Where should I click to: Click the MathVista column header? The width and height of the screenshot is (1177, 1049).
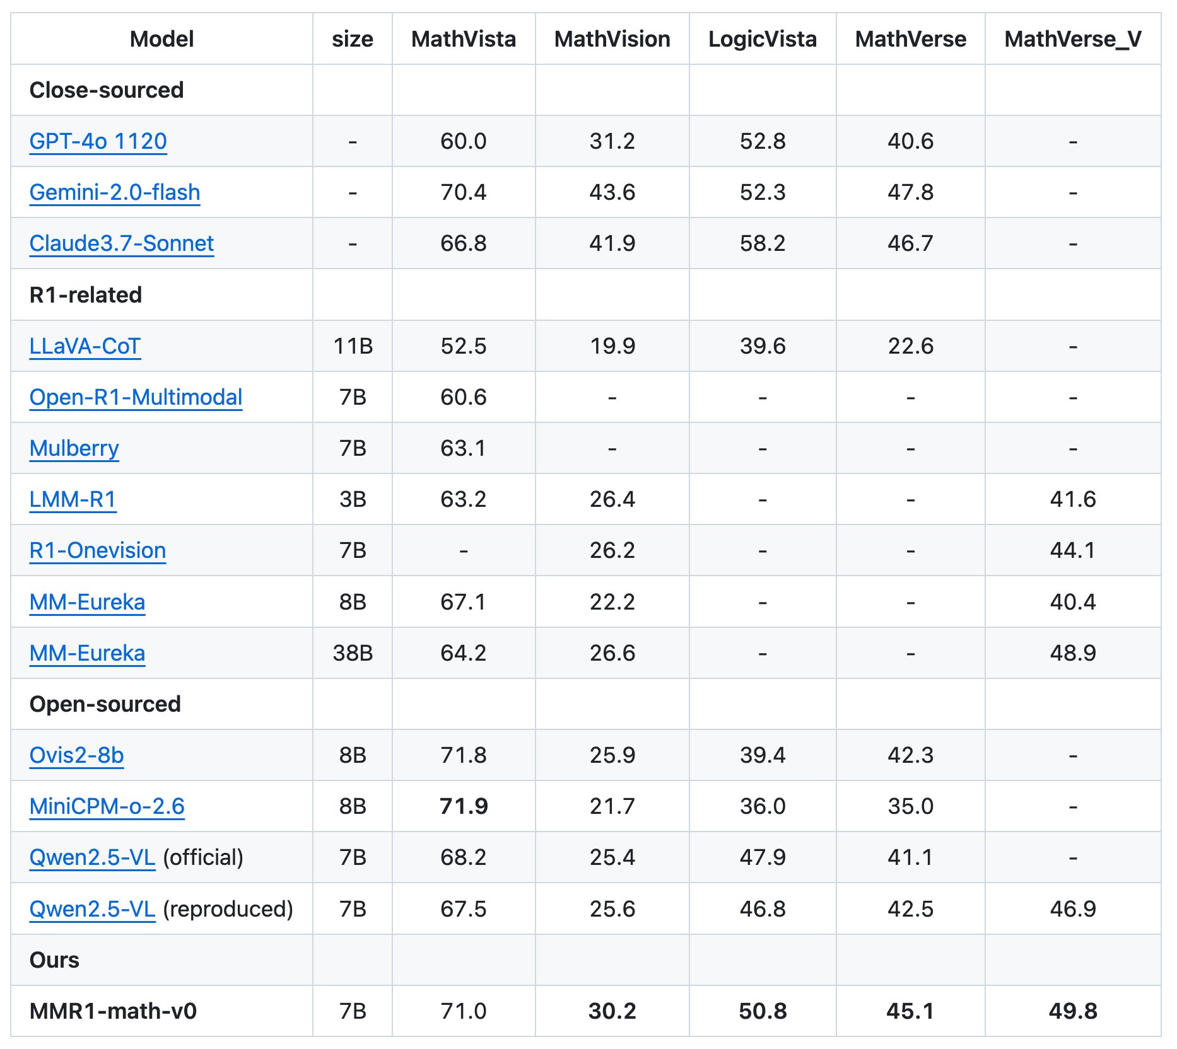coord(464,39)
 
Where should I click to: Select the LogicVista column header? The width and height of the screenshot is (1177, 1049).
coord(762,39)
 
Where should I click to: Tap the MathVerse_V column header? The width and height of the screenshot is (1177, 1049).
coord(1072,39)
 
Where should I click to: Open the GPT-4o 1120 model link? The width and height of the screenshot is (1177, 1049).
coord(98,141)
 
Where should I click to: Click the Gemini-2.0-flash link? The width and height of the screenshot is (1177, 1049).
coord(115,192)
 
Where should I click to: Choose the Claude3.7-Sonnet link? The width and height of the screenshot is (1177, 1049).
coord(122,243)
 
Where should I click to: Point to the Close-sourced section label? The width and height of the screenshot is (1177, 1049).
coord(107,90)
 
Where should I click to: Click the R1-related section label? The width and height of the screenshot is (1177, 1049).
coord(86,295)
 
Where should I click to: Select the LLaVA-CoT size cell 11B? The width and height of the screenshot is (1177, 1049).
coord(353,346)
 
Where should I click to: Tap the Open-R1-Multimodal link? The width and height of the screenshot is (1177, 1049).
coord(136,397)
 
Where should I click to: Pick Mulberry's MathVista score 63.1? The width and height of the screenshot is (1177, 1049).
coord(464,448)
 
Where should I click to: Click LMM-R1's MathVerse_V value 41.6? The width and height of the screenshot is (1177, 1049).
coord(1072,499)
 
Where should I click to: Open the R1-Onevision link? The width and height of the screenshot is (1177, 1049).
coord(98,550)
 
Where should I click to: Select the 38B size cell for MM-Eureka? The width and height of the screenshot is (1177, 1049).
coord(353,653)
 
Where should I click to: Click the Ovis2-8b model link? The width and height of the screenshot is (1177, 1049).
coord(77,755)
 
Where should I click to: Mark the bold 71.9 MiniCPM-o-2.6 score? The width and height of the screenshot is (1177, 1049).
coord(464,806)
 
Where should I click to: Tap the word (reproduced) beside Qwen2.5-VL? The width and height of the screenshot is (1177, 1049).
coord(228,909)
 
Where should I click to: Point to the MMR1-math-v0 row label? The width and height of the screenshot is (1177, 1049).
coord(114,1011)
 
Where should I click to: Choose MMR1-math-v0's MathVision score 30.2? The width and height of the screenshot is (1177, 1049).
coord(612,1011)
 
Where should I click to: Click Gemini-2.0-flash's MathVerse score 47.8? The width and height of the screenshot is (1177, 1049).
coord(910,192)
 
